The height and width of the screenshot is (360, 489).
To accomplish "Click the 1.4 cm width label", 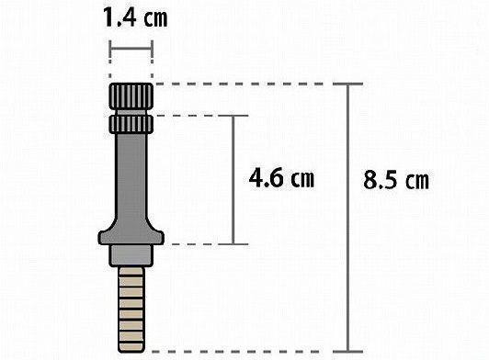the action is point(135,17).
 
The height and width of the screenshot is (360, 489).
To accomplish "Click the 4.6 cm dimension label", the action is point(281,177).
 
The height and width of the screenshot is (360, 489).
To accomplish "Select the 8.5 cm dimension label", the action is point(396,180).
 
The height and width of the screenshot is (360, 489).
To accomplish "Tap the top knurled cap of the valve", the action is point(131,96).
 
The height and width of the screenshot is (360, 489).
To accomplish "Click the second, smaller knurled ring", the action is point(131,124).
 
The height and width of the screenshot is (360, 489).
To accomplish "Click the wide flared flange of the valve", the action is point(131,235).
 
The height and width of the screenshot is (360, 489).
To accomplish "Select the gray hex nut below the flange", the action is point(131,255).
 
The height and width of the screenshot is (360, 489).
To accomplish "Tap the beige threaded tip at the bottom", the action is point(131,309).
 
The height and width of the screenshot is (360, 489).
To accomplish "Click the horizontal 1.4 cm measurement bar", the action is point(131,49).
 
